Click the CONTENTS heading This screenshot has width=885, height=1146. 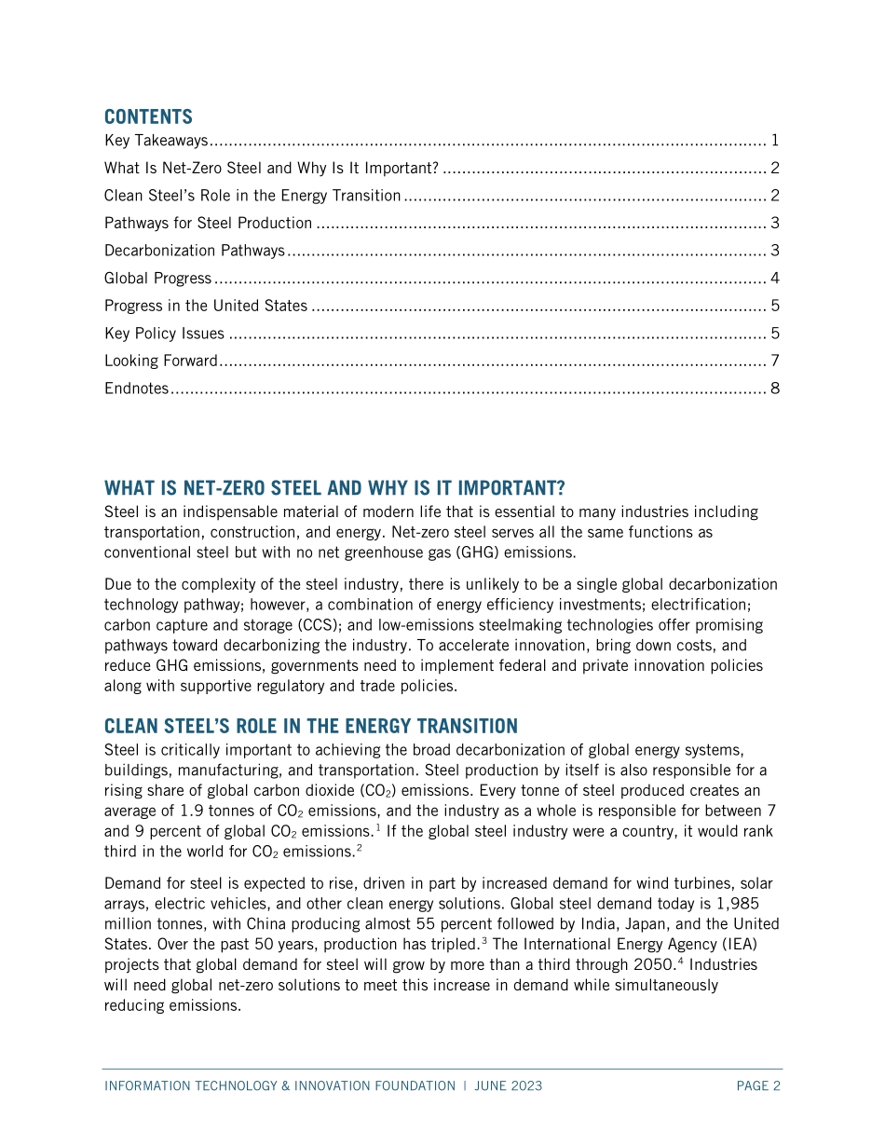pos(148,116)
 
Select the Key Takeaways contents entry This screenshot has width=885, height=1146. pos(156,142)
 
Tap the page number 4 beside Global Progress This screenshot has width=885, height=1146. pos(775,279)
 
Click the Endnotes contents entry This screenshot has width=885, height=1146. pos(136,389)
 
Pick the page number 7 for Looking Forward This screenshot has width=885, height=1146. pos(775,361)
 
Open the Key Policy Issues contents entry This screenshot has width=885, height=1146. pos(164,334)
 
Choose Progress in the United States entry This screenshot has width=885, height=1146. pos(205,306)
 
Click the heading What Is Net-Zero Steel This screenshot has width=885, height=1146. pos(334,488)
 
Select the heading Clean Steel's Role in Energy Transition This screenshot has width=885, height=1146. pos(310,726)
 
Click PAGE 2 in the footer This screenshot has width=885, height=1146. pos(757,1086)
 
